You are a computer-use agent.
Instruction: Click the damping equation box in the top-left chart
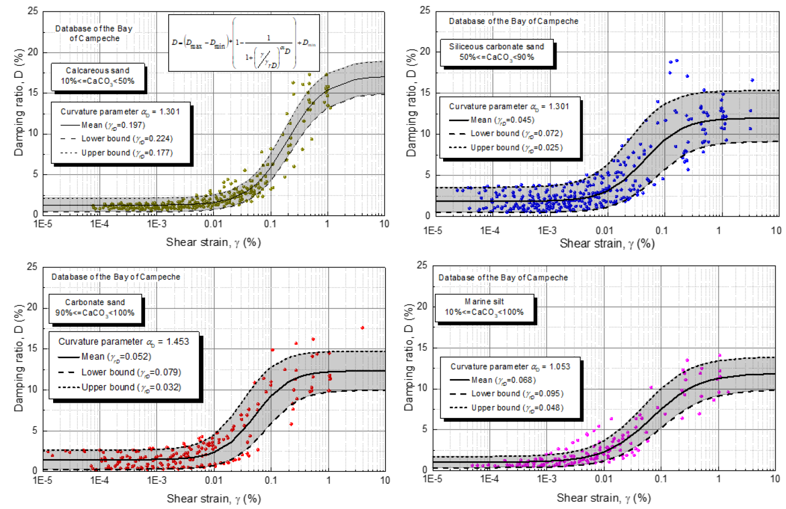click(244, 43)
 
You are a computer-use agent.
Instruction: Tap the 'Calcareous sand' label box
click(98, 76)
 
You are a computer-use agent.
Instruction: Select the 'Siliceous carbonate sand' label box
click(497, 52)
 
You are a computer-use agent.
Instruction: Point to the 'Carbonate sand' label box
click(95, 307)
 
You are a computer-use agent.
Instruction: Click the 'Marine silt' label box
click(484, 307)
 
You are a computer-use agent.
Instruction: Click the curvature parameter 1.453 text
click(124, 341)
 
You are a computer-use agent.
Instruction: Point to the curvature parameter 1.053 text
click(510, 367)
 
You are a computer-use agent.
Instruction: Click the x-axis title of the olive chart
click(213, 242)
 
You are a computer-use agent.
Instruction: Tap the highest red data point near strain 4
click(362, 328)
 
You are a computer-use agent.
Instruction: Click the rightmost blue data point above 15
click(752, 80)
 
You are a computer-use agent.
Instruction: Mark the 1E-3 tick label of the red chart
click(157, 481)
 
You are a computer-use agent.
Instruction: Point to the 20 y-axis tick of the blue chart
click(425, 52)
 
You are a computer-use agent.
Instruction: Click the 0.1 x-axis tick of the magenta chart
click(661, 479)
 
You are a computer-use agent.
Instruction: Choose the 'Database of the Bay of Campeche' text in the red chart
click(116, 277)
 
